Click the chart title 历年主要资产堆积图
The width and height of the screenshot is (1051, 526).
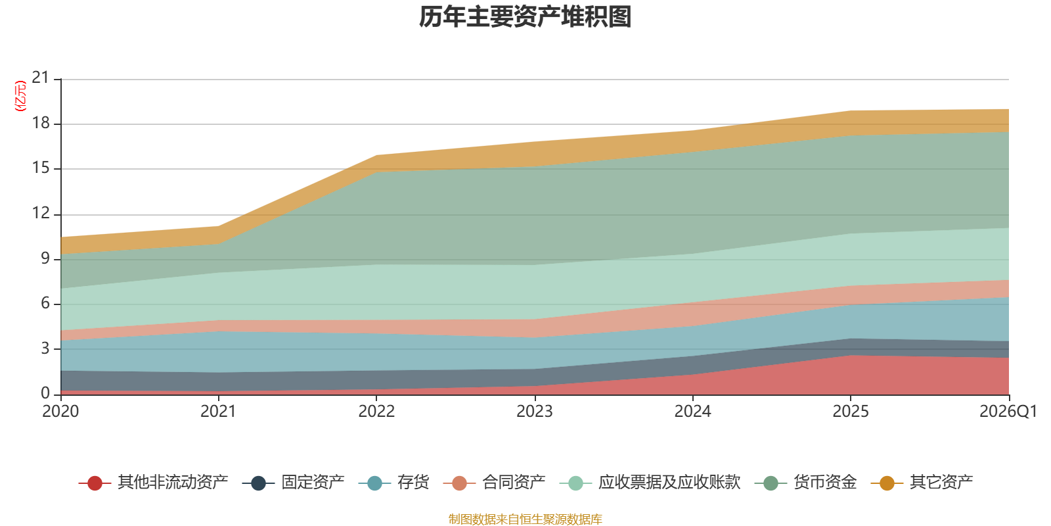tap(525, 17)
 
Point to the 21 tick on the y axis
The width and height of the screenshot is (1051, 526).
tap(40, 78)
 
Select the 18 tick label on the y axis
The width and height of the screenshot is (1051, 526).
tap(40, 123)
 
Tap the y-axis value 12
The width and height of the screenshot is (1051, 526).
tap(40, 213)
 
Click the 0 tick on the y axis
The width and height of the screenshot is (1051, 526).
tap(45, 393)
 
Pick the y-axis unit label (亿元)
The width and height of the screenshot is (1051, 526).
tap(20, 96)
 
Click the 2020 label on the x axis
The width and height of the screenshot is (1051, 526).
tap(60, 412)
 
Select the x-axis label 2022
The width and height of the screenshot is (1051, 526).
tap(376, 412)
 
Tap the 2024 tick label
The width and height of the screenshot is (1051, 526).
tap(692, 412)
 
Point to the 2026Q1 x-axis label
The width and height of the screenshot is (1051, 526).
tap(1008, 412)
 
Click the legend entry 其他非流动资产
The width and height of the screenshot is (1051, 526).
tap(154, 483)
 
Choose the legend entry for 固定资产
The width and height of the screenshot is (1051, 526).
tap(293, 483)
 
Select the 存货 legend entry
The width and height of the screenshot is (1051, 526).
tap(393, 483)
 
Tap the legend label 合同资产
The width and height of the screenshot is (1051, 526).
tap(494, 483)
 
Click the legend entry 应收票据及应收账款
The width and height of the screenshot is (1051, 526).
tap(650, 483)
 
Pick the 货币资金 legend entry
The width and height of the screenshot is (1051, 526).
tap(805, 483)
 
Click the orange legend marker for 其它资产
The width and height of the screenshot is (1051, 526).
tap(887, 483)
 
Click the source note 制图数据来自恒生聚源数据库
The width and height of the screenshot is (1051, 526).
tap(525, 519)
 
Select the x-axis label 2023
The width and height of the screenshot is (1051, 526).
tap(535, 412)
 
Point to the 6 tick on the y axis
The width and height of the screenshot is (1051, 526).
tap(45, 303)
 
